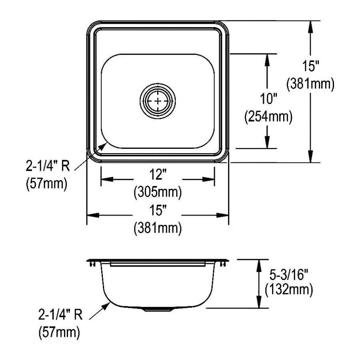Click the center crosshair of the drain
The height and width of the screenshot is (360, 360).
158,101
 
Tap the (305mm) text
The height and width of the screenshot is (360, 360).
158,192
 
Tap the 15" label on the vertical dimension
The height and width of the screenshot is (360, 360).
310,66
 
